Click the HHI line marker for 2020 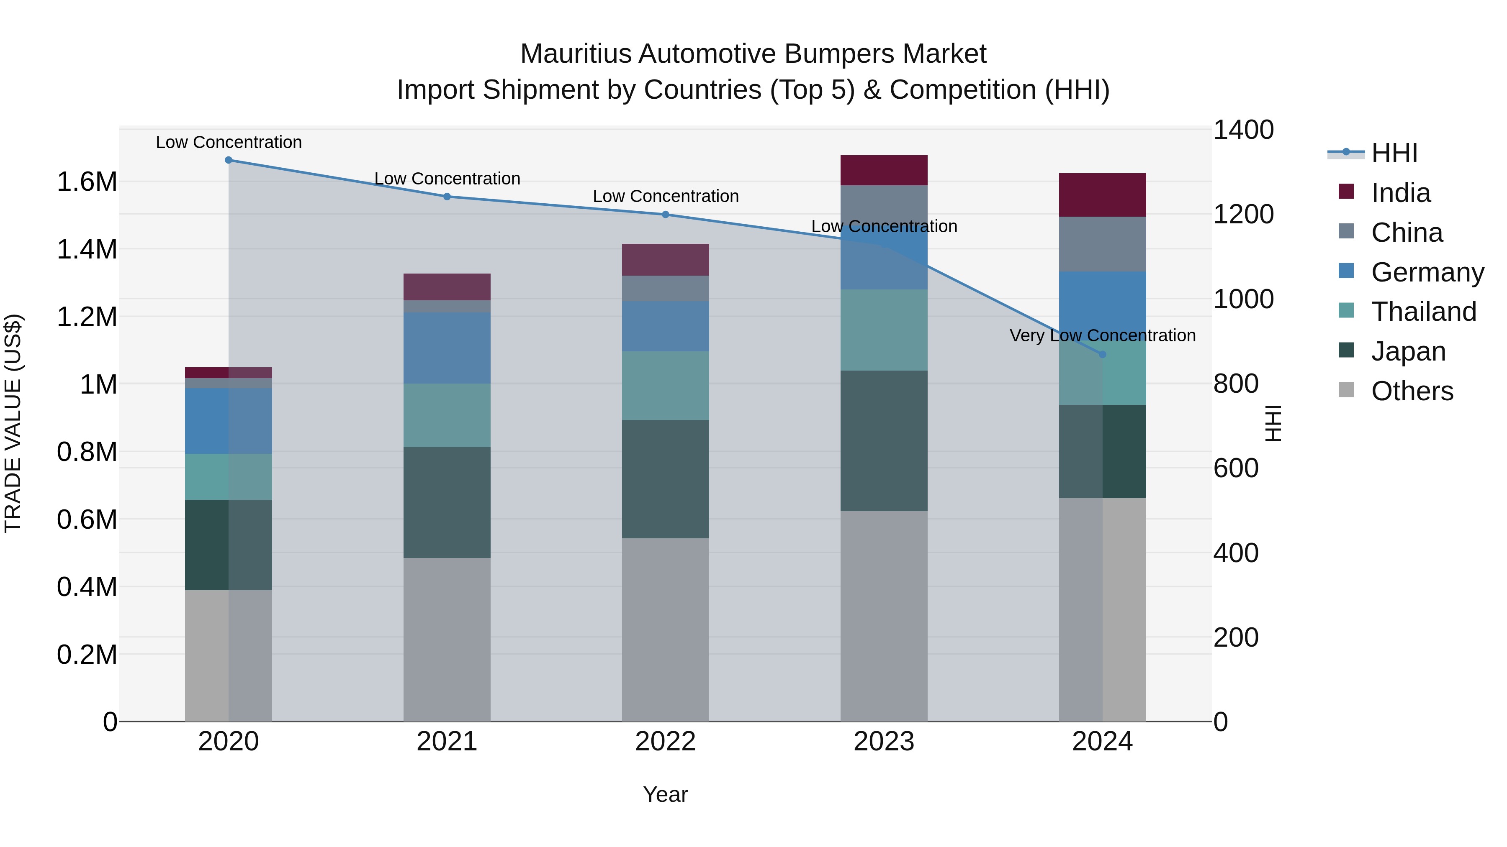pyautogui.click(x=229, y=160)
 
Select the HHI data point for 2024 pyautogui.click(x=1102, y=354)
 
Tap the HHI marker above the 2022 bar pyautogui.click(x=665, y=215)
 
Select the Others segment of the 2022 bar pyautogui.click(x=665, y=629)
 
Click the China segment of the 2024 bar pyautogui.click(x=1102, y=244)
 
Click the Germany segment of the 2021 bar pyautogui.click(x=447, y=348)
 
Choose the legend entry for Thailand pyautogui.click(x=1423, y=312)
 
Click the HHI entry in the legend pyautogui.click(x=1394, y=153)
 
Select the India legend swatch pyautogui.click(x=1346, y=192)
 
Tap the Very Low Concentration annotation pyautogui.click(x=1102, y=335)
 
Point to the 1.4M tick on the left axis pyautogui.click(x=87, y=250)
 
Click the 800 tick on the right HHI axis pyautogui.click(x=1236, y=384)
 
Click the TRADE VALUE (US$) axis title pyautogui.click(x=13, y=423)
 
